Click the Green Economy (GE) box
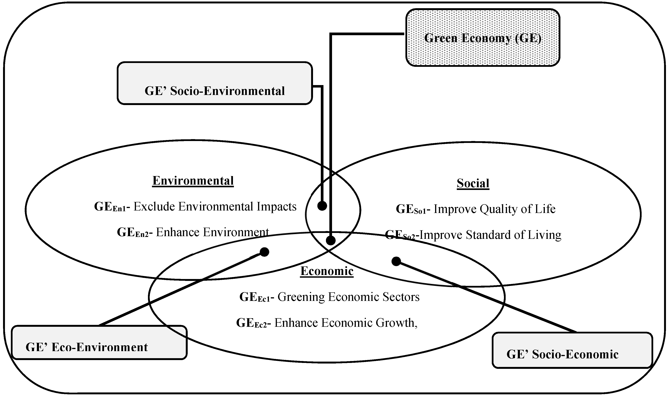(x=482, y=37)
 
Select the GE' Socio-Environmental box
(x=215, y=83)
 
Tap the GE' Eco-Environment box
(x=99, y=342)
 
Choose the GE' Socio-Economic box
(x=572, y=350)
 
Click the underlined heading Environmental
(x=193, y=181)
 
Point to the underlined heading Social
(x=473, y=183)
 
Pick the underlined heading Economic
(x=327, y=271)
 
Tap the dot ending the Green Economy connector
(x=331, y=241)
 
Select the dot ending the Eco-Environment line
(x=264, y=252)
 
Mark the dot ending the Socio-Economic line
(x=396, y=261)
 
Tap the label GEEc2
(x=252, y=323)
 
